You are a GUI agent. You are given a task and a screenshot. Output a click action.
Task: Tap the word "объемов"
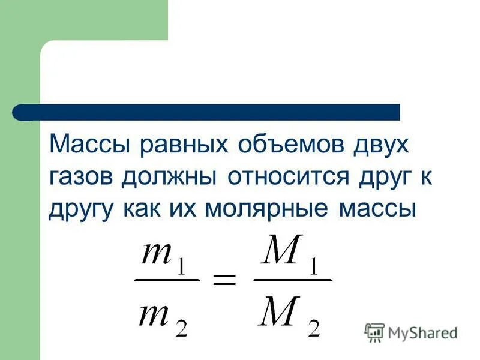click(x=278, y=146)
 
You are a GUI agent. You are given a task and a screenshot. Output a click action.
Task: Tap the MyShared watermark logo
click(x=411, y=332)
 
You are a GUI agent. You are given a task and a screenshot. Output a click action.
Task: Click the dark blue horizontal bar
click(x=207, y=112)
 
